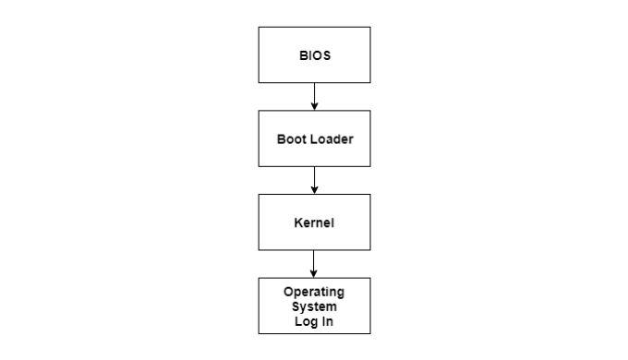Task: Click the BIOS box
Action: point(314,54)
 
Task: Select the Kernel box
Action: point(314,222)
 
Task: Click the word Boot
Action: point(292,138)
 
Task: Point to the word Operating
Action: point(314,292)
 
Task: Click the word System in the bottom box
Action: point(314,306)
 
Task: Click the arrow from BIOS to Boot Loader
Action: point(314,96)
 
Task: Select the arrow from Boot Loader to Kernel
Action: point(314,180)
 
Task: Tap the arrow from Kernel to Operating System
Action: point(314,263)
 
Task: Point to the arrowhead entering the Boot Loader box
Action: point(314,106)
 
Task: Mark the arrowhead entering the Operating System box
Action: point(314,273)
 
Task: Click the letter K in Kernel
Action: point(298,222)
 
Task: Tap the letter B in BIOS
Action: point(301,55)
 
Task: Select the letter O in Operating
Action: point(288,292)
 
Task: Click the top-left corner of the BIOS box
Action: point(259,27)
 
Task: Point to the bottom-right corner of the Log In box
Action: point(370,333)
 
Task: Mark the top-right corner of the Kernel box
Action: point(370,194)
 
